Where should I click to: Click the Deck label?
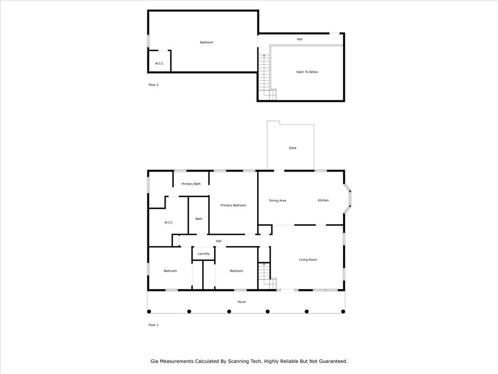point(292,148)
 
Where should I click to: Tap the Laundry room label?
point(204,254)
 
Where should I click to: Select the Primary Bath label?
point(191,184)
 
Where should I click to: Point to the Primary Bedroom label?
point(233,206)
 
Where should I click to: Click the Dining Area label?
point(277,201)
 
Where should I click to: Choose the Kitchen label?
point(323,200)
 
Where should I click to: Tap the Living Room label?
point(308,260)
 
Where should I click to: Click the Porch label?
point(241,302)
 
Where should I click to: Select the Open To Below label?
point(307,72)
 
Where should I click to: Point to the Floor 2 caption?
point(153,85)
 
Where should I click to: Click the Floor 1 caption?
point(153,325)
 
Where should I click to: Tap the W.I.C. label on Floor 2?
point(160,64)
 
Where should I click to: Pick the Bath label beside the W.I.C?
point(199,219)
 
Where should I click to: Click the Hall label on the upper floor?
point(300,39)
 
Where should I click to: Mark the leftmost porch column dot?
point(149,311)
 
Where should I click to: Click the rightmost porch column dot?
point(343,311)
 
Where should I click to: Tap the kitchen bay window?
point(349,199)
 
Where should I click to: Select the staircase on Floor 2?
point(266,77)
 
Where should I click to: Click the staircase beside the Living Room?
point(266,276)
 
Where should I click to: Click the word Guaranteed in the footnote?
point(334,361)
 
